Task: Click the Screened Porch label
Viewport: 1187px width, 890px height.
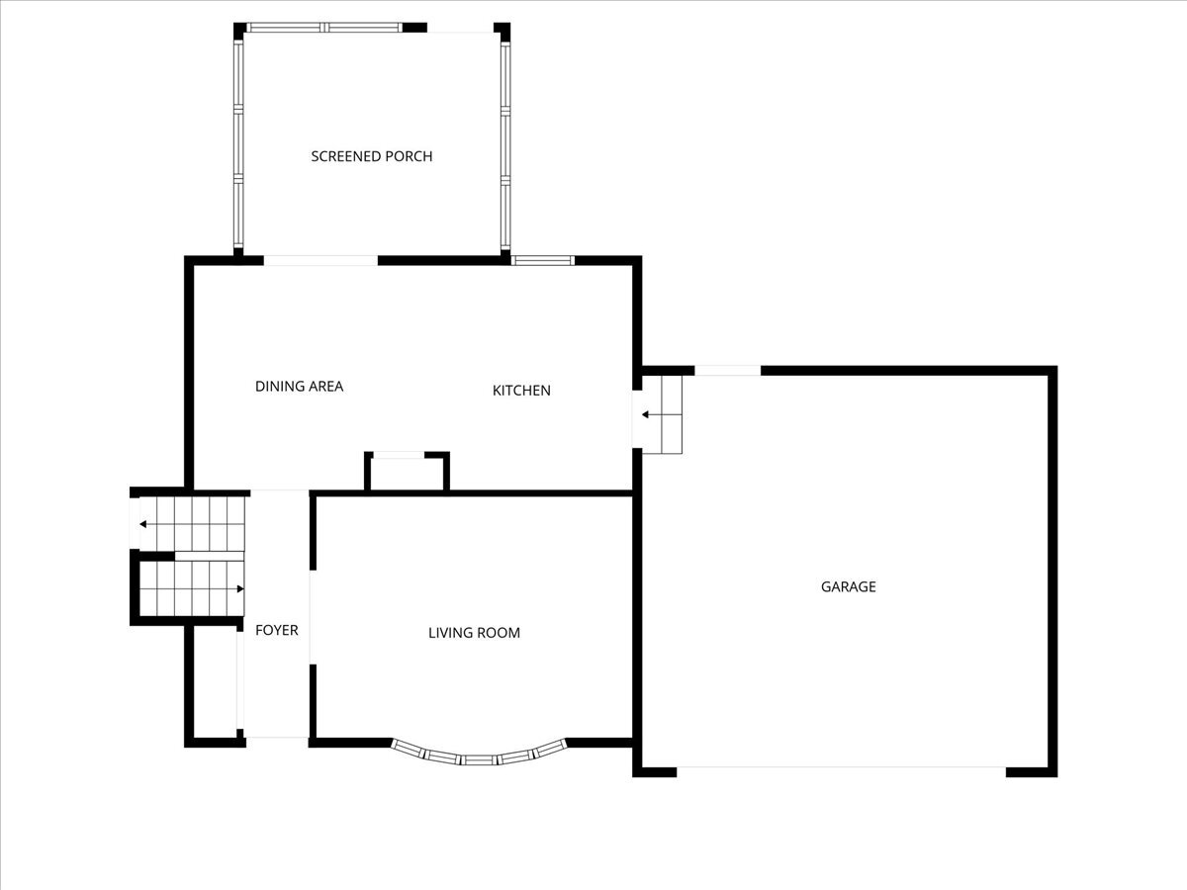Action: click(371, 156)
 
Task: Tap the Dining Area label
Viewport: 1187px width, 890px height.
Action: click(299, 387)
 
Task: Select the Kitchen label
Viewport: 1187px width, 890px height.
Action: click(521, 391)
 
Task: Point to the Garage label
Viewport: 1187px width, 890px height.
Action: click(848, 586)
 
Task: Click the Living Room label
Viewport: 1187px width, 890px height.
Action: click(474, 633)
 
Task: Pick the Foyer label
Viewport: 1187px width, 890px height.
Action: click(277, 630)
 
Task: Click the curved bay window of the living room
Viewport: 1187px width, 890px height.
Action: click(480, 756)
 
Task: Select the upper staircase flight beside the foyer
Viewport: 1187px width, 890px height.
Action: click(193, 524)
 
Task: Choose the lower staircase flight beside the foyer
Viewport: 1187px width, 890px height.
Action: click(193, 590)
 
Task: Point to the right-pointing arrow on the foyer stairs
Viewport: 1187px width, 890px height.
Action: click(237, 589)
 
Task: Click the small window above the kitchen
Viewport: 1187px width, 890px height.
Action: click(542, 261)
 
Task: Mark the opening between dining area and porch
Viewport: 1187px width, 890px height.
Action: click(320, 261)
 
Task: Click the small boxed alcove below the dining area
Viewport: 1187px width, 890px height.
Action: click(407, 472)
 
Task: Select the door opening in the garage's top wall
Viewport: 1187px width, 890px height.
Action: click(727, 371)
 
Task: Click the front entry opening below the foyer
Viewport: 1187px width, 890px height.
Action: click(277, 739)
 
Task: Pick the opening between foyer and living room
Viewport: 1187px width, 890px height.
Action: click(313, 616)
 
